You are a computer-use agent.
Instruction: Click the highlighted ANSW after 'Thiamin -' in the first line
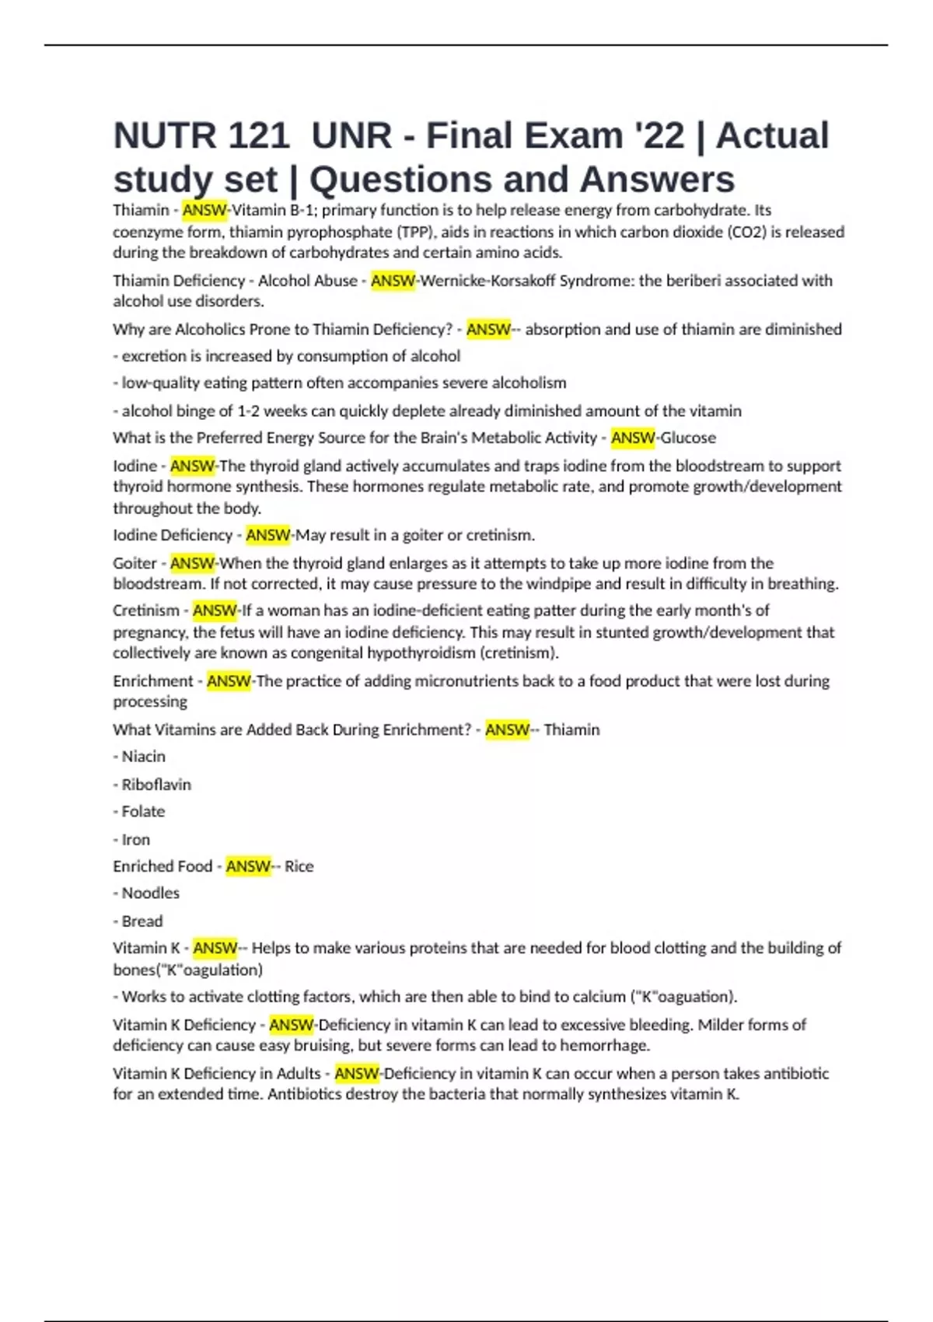click(x=204, y=210)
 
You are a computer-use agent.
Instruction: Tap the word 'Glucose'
click(x=687, y=438)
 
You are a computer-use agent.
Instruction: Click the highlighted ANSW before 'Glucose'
click(x=633, y=438)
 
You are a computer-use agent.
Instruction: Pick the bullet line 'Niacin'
click(x=143, y=757)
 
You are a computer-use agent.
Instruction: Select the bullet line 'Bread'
click(x=142, y=922)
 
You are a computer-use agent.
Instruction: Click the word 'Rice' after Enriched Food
click(x=299, y=866)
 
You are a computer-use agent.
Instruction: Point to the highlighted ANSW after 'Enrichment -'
click(x=229, y=681)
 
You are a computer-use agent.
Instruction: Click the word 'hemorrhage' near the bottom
click(x=604, y=1046)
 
